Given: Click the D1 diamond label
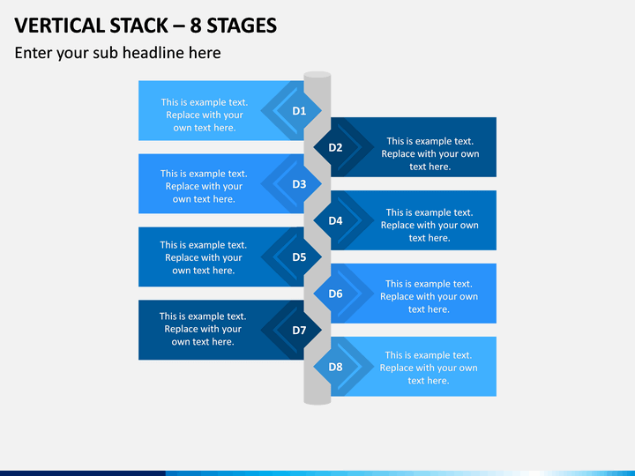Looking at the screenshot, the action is coord(299,111).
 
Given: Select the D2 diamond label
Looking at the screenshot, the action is coord(335,147).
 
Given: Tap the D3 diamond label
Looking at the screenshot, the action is coord(299,184).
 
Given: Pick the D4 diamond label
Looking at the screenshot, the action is coord(335,220).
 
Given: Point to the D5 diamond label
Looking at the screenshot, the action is coord(299,257).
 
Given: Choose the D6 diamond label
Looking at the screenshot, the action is coord(335,294).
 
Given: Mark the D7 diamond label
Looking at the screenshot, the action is coord(299,331).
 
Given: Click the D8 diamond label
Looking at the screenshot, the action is coord(335,367).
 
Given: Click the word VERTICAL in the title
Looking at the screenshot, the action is coord(60,26).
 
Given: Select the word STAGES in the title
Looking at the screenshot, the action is coord(242,26).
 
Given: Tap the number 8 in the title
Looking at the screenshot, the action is coord(196,26).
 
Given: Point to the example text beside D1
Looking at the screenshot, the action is coord(205,115).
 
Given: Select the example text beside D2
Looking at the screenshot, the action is coord(430,153).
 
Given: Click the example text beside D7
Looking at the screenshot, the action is coord(203,329).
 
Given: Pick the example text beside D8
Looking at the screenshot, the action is coord(429,368).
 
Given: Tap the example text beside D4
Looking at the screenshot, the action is coord(430,225).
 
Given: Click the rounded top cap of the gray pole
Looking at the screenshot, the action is coord(317,75).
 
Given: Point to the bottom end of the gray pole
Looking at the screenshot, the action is coord(317,401).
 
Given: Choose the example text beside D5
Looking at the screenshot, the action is coord(204,257).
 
